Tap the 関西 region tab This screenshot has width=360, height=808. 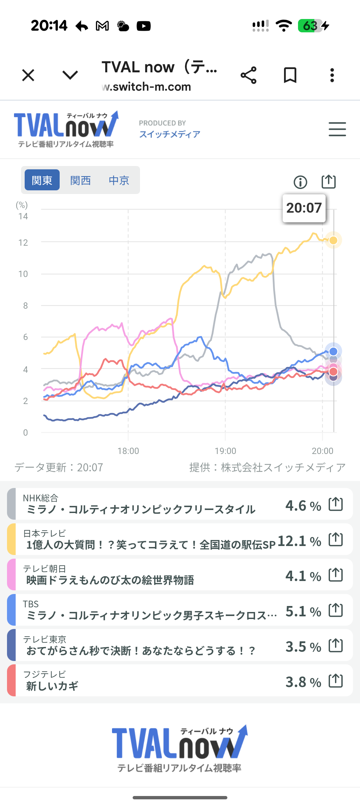80,180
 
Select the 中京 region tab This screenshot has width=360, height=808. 119,180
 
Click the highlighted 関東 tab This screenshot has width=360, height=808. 42,180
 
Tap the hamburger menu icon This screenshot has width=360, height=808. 337,129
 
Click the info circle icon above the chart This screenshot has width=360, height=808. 300,182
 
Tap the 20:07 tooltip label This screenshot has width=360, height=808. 304,208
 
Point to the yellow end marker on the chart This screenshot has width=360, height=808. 333,240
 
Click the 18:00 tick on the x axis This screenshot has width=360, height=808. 128,451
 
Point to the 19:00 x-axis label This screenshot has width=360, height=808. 225,451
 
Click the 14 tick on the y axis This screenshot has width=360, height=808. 23,217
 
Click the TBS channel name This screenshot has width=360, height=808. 31,604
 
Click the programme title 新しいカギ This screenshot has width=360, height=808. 52,686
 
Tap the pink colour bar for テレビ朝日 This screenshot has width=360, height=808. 11,575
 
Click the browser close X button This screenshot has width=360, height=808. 28,75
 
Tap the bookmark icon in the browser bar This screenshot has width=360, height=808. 290,75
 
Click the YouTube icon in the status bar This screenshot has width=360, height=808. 144,26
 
